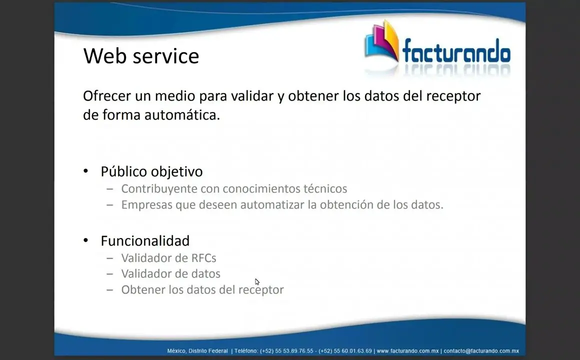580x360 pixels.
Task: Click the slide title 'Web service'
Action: pyautogui.click(x=141, y=56)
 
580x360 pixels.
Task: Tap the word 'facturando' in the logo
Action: pyautogui.click(x=456, y=50)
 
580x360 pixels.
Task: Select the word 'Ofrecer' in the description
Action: pyautogui.click(x=107, y=96)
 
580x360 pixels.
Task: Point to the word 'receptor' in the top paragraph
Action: pyautogui.click(x=453, y=96)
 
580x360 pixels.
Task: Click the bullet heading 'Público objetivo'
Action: pyautogui.click(x=151, y=171)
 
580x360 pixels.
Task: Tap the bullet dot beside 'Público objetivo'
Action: pyautogui.click(x=86, y=171)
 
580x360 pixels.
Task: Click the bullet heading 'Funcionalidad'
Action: pyautogui.click(x=145, y=241)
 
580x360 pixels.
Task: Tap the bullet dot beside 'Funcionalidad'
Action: pyautogui.click(x=86, y=240)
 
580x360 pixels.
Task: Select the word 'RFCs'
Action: pyautogui.click(x=203, y=258)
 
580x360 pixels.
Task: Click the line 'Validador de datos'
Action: pyautogui.click(x=170, y=274)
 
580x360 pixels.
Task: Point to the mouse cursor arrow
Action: pyautogui.click(x=257, y=282)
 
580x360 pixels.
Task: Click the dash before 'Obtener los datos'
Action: pyautogui.click(x=110, y=289)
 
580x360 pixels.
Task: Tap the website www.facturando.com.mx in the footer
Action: pyautogui.click(x=407, y=351)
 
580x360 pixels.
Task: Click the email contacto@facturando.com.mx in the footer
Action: pyautogui.click(x=481, y=351)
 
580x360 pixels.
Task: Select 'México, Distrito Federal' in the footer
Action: pyautogui.click(x=197, y=351)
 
